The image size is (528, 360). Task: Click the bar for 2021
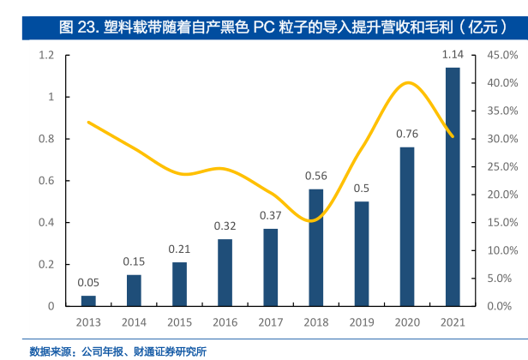(452, 186)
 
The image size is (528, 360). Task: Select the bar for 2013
(88, 301)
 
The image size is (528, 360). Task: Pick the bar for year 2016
(225, 273)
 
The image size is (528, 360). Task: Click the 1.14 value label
(452, 56)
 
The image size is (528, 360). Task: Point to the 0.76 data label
(406, 134)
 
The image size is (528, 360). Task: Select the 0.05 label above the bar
(88, 282)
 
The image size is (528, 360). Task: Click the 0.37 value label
(270, 215)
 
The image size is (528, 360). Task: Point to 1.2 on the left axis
(47, 56)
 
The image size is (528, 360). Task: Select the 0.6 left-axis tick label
(47, 181)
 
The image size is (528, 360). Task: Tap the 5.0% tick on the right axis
(501, 279)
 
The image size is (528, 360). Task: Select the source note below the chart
(118, 351)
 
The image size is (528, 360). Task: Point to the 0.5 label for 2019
(361, 189)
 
